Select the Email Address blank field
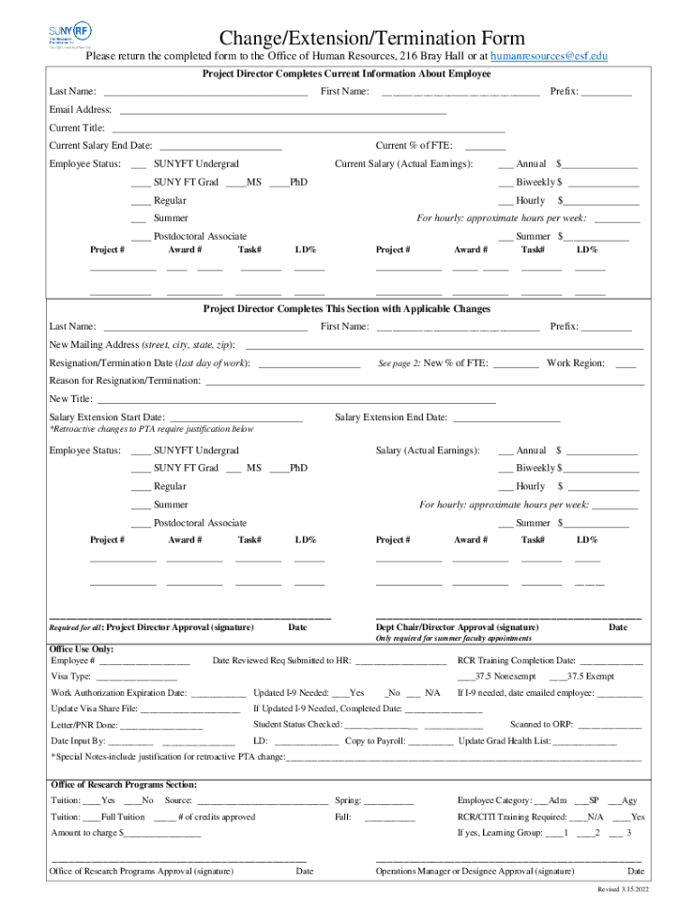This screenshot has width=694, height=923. point(282,110)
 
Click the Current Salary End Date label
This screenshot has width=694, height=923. point(100,146)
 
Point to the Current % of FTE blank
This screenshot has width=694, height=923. point(485,146)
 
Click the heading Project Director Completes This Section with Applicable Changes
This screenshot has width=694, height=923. point(346,309)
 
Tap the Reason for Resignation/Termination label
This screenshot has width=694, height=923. point(125,381)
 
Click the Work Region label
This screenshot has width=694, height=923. point(575,363)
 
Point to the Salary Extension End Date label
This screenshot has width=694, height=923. point(391,417)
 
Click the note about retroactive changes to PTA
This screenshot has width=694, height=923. point(151,430)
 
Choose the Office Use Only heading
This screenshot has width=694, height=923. point(81,649)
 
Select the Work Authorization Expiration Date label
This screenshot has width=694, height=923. point(119,693)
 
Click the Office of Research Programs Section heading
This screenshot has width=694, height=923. point(123,784)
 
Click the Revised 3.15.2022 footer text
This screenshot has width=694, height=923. point(623,890)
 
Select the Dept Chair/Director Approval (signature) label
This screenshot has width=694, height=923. point(457,627)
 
